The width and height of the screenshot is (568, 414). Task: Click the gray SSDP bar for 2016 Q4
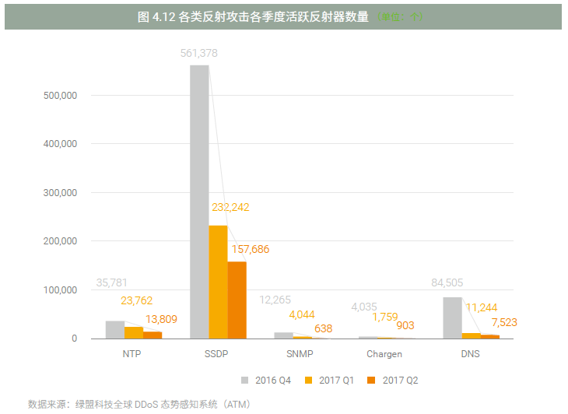click(199, 202)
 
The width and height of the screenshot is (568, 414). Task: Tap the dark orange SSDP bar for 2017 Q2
click(237, 300)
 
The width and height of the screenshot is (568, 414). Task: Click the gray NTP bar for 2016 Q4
click(115, 330)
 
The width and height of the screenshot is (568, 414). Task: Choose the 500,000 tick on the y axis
click(61, 96)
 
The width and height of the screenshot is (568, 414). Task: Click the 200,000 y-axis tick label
click(61, 241)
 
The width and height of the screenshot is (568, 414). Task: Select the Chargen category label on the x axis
click(384, 354)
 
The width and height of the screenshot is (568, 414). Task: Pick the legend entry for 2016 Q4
click(268, 380)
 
